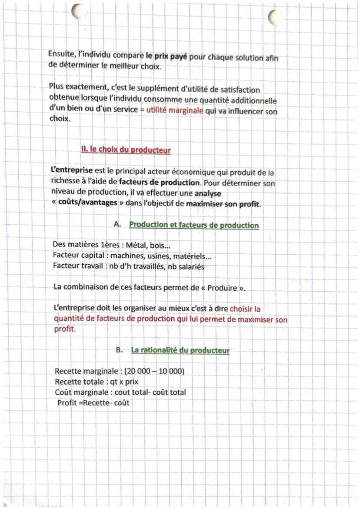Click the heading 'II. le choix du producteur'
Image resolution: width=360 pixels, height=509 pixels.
(126, 150)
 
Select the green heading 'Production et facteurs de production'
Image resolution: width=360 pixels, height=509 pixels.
(193, 225)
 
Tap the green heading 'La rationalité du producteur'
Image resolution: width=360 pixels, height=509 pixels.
(180, 350)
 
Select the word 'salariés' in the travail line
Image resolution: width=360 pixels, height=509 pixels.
(189, 267)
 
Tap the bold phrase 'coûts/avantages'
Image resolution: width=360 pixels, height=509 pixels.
(87, 204)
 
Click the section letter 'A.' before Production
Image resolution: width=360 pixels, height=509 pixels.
(117, 225)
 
